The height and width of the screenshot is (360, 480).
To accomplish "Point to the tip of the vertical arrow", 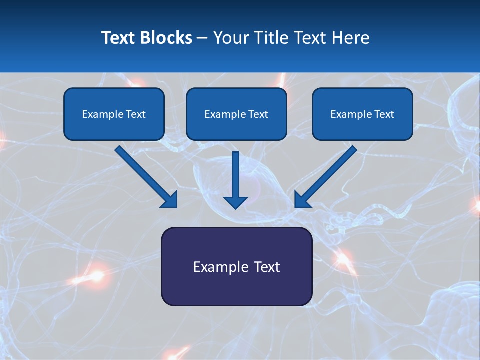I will [235, 207].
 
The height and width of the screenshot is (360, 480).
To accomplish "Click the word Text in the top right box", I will [384, 114].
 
